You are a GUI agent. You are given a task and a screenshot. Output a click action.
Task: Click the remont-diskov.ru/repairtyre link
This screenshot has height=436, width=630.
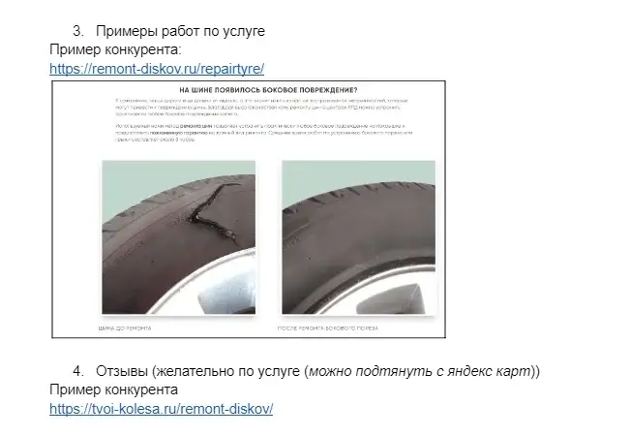click(157, 68)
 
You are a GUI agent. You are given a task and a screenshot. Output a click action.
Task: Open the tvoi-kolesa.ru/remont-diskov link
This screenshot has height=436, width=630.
click(162, 408)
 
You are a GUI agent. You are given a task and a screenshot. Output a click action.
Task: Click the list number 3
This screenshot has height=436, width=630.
click(77, 31)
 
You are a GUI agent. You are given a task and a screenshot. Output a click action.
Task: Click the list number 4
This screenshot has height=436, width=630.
click(77, 371)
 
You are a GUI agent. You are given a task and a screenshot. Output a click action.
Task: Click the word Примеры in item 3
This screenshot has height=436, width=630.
click(126, 31)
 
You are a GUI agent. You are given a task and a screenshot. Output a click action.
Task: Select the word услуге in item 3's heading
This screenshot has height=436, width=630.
click(241, 31)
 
